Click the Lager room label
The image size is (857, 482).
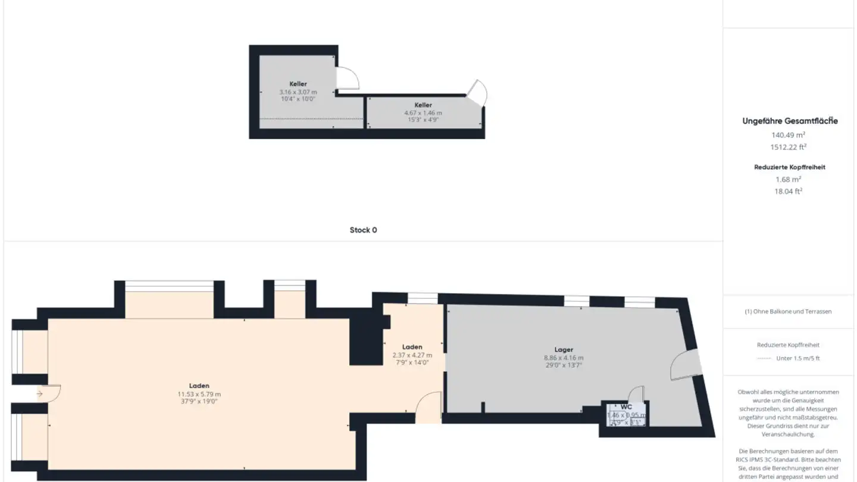click(563, 350)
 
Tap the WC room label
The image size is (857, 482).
click(626, 407)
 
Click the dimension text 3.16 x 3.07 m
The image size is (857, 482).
click(298, 92)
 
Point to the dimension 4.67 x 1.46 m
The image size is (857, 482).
click(423, 112)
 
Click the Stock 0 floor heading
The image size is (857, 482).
click(363, 230)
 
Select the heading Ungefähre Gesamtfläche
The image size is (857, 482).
click(790, 121)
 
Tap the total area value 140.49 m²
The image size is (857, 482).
click(788, 135)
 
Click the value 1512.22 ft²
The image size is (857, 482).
click(788, 147)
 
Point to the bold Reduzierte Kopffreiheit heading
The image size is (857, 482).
click(790, 167)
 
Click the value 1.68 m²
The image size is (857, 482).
click(788, 179)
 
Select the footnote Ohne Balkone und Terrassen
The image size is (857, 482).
click(788, 311)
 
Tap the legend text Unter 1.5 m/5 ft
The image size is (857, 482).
click(797, 358)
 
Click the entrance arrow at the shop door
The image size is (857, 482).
click(39, 394)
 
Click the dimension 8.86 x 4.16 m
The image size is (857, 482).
click(563, 358)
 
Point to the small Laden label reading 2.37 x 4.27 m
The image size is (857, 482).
click(412, 355)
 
